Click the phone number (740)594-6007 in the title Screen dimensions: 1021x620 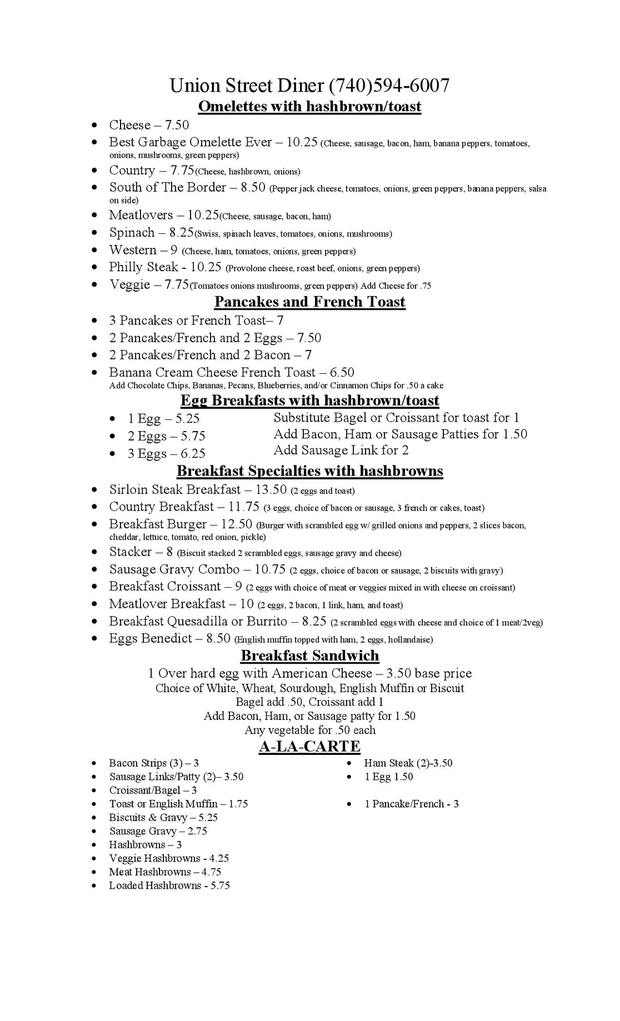pos(389,86)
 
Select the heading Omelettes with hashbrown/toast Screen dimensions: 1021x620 pos(309,106)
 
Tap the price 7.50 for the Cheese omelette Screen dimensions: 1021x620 pos(177,125)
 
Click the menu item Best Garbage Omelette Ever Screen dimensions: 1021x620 pos(190,142)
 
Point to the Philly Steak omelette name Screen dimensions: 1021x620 pos(143,267)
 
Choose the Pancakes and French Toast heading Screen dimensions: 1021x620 pos(309,302)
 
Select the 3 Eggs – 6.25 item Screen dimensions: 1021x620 pos(166,454)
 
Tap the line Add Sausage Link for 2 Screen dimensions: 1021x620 pos(341,450)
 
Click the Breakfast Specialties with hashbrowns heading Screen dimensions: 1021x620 pos(309,471)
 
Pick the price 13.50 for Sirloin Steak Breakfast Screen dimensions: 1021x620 pos(271,489)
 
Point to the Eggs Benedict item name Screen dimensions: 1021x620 pos(151,638)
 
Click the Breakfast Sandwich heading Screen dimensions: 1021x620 pos(309,655)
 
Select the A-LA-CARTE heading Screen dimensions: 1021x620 pos(309,746)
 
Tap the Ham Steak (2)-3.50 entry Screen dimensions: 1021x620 pos(408,763)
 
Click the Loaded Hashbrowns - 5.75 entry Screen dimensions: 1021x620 pos(169,885)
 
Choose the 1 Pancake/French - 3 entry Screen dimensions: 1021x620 pos(411,804)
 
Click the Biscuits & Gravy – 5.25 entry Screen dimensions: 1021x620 pos(163,817)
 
